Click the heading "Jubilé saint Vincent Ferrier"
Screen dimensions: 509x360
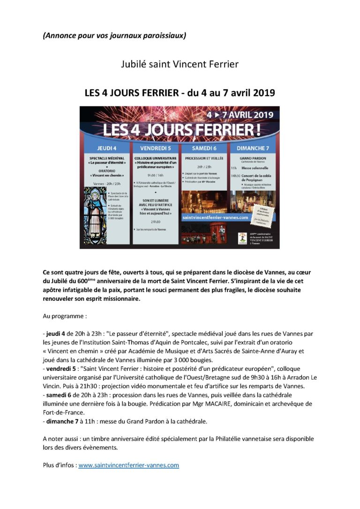coord(180,64)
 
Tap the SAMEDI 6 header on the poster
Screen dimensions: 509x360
coord(203,148)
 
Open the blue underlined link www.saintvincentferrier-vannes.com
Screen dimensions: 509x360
coord(129,465)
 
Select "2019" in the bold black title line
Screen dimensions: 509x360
coord(260,93)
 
